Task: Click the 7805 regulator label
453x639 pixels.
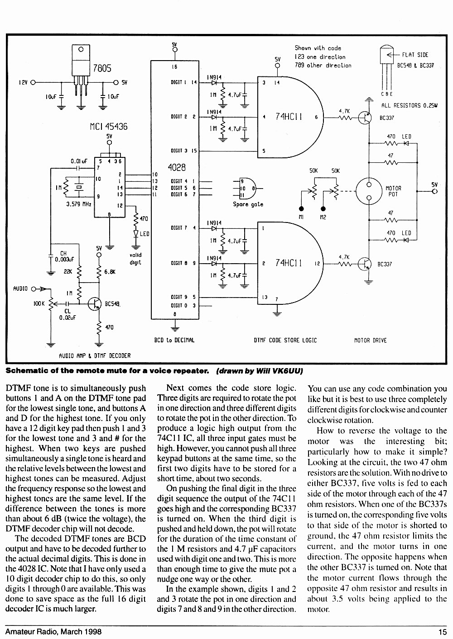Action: coord(102,68)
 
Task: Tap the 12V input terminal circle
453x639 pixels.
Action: coord(33,83)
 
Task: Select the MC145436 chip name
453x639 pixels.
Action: coord(109,127)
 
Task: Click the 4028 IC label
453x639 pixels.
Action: coord(177,167)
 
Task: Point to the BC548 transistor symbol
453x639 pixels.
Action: coord(95,304)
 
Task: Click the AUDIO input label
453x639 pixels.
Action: coord(20,289)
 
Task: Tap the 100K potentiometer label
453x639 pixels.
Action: coord(39,304)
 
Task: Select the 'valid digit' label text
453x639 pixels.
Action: coord(135,259)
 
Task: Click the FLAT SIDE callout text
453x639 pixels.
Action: coord(415,55)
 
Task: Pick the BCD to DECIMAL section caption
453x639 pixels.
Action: coord(174,340)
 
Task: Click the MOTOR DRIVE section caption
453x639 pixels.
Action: coord(371,341)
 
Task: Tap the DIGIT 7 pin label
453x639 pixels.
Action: coord(178,228)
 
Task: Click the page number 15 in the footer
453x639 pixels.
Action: coord(443,632)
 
